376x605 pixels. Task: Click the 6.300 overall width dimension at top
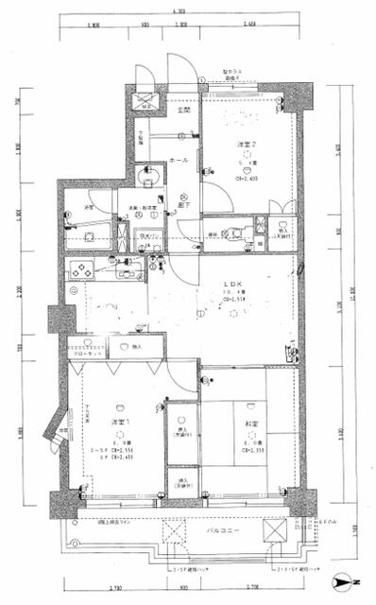tap(179, 11)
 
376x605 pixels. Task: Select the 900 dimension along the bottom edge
tap(176, 588)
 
